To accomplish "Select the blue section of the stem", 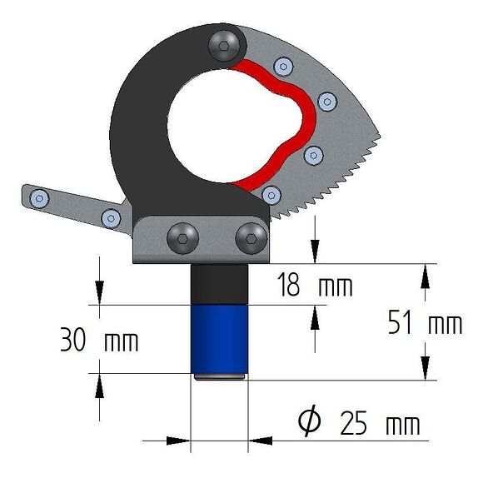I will (x=221, y=340).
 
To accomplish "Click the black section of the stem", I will (x=221, y=285).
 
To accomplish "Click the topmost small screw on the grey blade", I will (x=284, y=66).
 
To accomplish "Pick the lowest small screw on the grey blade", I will (x=269, y=195).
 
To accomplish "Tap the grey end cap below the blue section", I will (x=221, y=377).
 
